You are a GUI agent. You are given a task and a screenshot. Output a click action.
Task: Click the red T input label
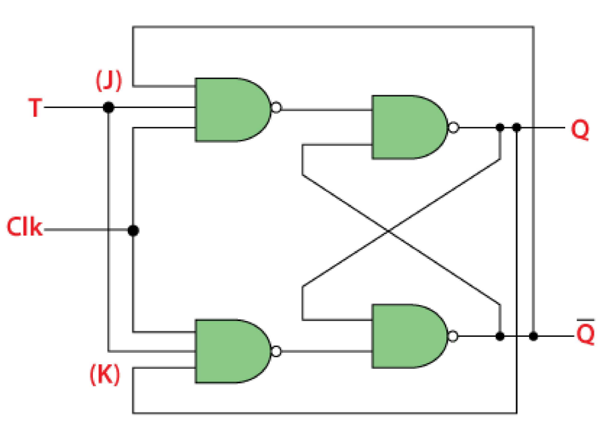point(34,108)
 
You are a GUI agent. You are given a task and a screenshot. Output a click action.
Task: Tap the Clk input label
point(25,227)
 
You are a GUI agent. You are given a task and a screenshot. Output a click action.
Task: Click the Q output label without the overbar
point(580,130)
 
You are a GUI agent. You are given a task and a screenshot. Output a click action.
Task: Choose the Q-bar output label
point(585,333)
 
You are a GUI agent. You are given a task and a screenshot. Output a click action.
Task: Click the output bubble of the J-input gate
point(275,108)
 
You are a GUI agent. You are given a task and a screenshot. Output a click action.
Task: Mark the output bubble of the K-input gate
point(275,350)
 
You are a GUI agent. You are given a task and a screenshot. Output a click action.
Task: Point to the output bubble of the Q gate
point(453,128)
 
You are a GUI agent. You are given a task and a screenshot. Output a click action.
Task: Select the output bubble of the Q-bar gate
point(453,336)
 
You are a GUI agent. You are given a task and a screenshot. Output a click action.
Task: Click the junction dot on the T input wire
point(109,108)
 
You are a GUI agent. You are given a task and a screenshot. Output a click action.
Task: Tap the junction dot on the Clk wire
point(133,230)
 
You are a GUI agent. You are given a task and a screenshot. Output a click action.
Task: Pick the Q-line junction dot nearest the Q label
point(517,128)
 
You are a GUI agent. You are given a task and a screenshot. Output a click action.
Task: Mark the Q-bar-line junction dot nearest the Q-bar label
point(533,336)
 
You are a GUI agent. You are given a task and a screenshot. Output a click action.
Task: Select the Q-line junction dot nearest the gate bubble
point(500,128)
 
